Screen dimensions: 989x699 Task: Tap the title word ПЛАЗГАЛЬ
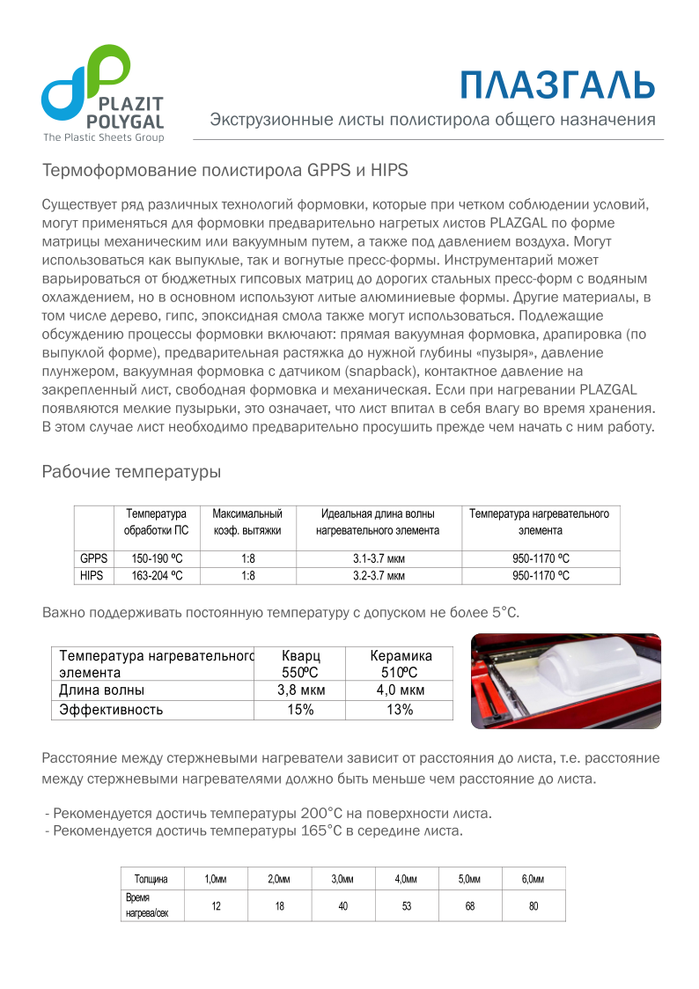[x=558, y=85]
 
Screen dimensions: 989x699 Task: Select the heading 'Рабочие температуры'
[x=131, y=472]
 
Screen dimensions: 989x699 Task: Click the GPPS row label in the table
[x=93, y=558]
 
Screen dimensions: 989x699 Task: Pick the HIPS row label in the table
[x=92, y=575]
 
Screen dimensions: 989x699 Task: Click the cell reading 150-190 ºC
[x=157, y=558]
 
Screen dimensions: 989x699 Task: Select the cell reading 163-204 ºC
[x=157, y=575]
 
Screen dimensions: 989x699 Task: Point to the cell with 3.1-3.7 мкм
[x=379, y=558]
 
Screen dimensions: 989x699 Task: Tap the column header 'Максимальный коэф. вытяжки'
[x=247, y=521]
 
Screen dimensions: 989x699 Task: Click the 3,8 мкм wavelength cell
[x=301, y=690]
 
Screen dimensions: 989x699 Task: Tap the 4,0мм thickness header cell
[x=406, y=879]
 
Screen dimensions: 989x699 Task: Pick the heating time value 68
[x=469, y=906]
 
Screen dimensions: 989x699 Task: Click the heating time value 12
[x=216, y=906]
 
